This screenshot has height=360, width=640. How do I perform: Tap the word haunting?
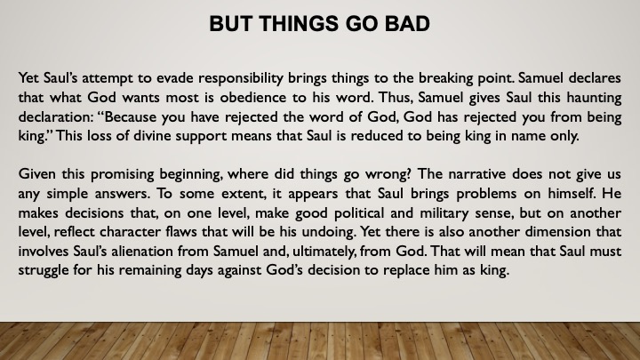point(593,98)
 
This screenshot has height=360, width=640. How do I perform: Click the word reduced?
point(375,135)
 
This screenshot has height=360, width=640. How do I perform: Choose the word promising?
point(123,175)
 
